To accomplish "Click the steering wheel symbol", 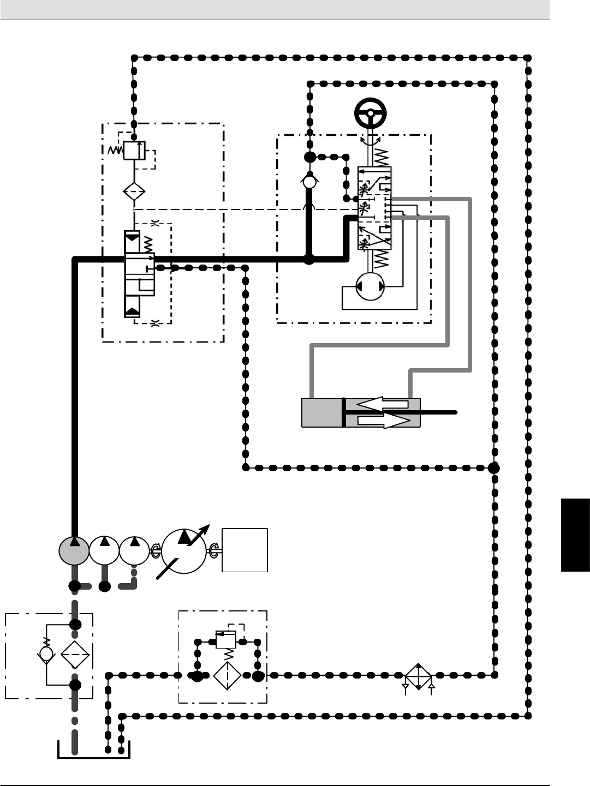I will click(x=371, y=114).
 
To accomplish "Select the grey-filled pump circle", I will click(x=74, y=550).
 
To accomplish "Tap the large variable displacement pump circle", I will click(x=184, y=551).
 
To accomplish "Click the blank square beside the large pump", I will click(x=245, y=550).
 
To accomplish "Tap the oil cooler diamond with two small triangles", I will click(x=418, y=676).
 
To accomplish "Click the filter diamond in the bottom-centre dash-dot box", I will click(x=227, y=676).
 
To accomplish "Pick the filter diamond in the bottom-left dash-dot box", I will click(x=75, y=653).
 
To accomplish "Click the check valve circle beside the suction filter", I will click(x=46, y=653).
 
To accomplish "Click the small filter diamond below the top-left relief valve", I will click(x=134, y=192).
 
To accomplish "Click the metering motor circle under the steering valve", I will click(x=370, y=286).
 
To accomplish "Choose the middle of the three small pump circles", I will click(x=104, y=550).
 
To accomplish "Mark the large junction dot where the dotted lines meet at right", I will click(x=494, y=467).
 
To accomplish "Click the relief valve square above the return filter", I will click(x=225, y=639).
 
